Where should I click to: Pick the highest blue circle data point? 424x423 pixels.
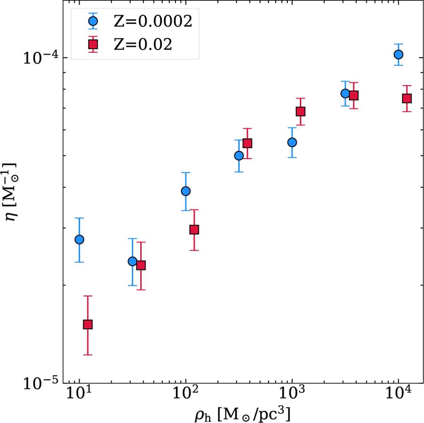click(x=399, y=55)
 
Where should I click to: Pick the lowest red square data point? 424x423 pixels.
click(x=88, y=324)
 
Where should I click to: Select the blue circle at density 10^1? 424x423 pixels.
click(x=79, y=240)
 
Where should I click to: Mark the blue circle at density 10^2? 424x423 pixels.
click(x=185, y=191)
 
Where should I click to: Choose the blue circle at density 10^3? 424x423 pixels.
click(x=292, y=142)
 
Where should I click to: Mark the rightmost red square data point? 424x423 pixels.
click(x=407, y=98)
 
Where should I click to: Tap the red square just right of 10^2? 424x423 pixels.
click(x=194, y=230)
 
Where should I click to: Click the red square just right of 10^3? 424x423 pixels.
click(x=300, y=112)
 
